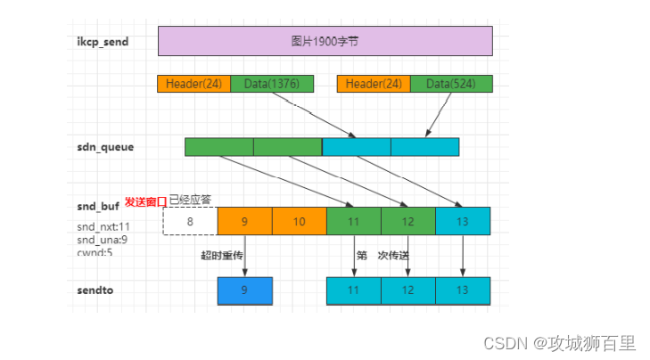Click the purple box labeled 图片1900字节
pos(325,41)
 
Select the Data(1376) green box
pos(272,84)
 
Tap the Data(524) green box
pos(450,84)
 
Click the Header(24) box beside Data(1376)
pos(193,84)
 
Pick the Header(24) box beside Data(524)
pos(373,84)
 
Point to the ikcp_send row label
pos(103,41)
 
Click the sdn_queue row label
pos(105,147)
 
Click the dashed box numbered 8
pos(189,221)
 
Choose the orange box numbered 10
pos(299,221)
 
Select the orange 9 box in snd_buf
pos(244,221)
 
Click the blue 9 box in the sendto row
pos(244,290)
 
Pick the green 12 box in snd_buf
pos(407,221)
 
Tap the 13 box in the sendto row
pos(462,290)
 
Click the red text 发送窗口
pos(145,201)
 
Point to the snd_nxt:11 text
pos(103,226)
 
